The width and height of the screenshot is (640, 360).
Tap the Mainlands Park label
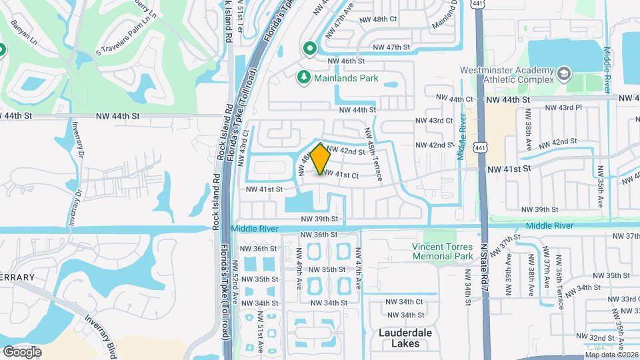pyautogui.click(x=347, y=78)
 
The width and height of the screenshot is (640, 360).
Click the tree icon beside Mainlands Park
pyautogui.click(x=304, y=78)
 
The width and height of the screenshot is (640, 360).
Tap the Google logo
pyautogui.click(x=22, y=351)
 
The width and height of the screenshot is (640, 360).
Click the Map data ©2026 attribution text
pyautogui.click(x=611, y=355)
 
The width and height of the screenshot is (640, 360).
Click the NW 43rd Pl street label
pyautogui.click(x=563, y=107)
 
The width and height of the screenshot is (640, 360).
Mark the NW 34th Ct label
pyautogui.click(x=405, y=302)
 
